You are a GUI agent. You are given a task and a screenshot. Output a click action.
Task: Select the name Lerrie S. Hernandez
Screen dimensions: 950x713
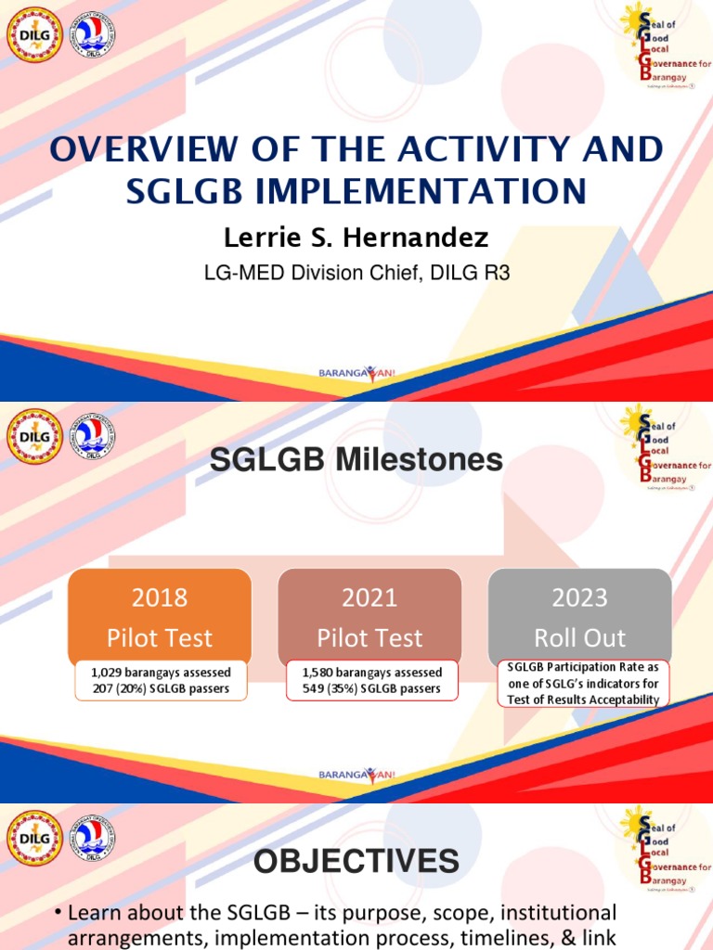[x=356, y=237]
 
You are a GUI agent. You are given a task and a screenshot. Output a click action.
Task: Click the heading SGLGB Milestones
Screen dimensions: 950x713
[x=356, y=459]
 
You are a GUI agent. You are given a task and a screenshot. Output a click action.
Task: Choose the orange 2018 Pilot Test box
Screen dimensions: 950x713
[x=160, y=616]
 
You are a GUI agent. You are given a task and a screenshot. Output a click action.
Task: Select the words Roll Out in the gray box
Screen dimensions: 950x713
[x=579, y=638]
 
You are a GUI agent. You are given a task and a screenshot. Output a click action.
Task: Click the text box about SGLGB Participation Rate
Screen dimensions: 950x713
[x=582, y=683]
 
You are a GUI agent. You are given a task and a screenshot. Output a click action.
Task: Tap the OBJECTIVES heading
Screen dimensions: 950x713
[x=356, y=862]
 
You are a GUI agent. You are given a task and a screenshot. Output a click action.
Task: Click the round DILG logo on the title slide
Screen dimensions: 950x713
[x=35, y=34]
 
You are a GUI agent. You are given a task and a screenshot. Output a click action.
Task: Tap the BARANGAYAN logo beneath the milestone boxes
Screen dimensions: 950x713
[x=356, y=774]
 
